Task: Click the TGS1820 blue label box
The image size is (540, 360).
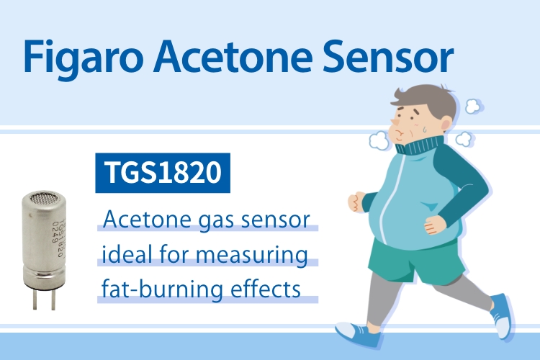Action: pyautogui.click(x=162, y=173)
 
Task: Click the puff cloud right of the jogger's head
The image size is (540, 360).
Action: pyautogui.click(x=473, y=107)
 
